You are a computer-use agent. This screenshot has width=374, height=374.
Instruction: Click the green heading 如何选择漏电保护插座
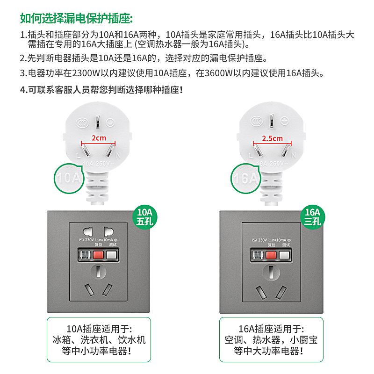point(76,18)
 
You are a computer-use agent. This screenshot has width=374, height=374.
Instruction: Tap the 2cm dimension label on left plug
point(98,138)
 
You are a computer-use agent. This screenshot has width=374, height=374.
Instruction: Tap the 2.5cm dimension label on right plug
point(272,138)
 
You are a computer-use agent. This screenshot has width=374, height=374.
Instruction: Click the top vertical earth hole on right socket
point(271,271)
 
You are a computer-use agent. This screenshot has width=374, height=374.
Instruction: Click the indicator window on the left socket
point(85,255)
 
